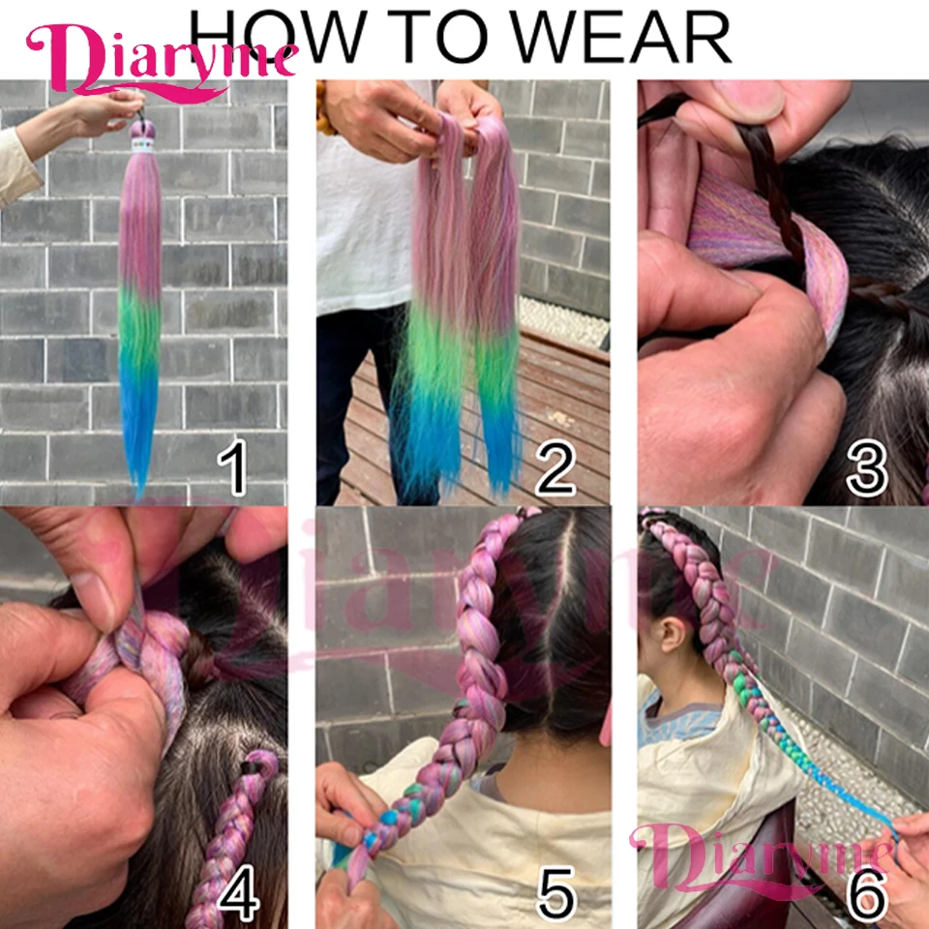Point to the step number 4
pos(237,895)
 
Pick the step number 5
pos(556,895)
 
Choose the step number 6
pos(867,895)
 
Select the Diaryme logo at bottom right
pos(764,852)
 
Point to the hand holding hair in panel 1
pos(97,111)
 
